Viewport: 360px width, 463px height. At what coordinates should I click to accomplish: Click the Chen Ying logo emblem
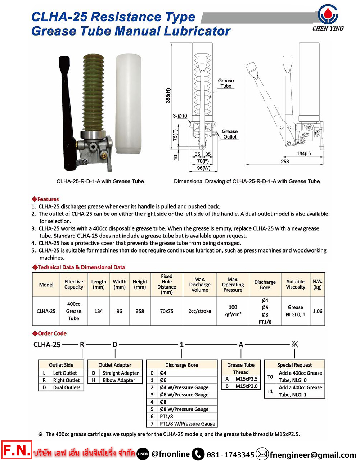(x=328, y=14)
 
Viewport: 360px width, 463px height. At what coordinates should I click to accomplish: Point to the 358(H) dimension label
(x=168, y=95)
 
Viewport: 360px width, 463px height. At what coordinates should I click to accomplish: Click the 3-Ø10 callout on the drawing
(x=180, y=116)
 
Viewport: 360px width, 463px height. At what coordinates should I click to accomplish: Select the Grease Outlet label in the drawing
(x=230, y=134)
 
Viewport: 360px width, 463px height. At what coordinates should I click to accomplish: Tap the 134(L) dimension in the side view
(x=304, y=154)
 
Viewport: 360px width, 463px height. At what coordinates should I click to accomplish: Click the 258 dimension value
(x=285, y=162)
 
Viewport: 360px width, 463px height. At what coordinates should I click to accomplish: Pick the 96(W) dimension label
(x=203, y=168)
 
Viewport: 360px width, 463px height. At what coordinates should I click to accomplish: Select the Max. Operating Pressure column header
(x=233, y=285)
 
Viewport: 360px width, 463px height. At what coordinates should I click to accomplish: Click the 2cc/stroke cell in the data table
(x=200, y=311)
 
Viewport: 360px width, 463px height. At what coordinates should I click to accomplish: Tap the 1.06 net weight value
(x=318, y=311)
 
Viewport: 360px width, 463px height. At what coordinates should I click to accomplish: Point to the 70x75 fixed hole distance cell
(x=167, y=311)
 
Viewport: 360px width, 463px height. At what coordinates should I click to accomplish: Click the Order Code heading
(x=52, y=333)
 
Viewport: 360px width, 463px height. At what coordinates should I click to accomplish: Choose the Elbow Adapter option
(x=119, y=380)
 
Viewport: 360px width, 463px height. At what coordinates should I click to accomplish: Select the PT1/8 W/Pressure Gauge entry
(x=187, y=424)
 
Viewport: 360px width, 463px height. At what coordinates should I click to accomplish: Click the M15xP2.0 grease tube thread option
(x=246, y=386)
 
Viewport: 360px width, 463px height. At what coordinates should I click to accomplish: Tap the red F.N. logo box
(x=17, y=450)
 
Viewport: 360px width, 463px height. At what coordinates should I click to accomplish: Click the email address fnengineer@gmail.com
(x=313, y=455)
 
